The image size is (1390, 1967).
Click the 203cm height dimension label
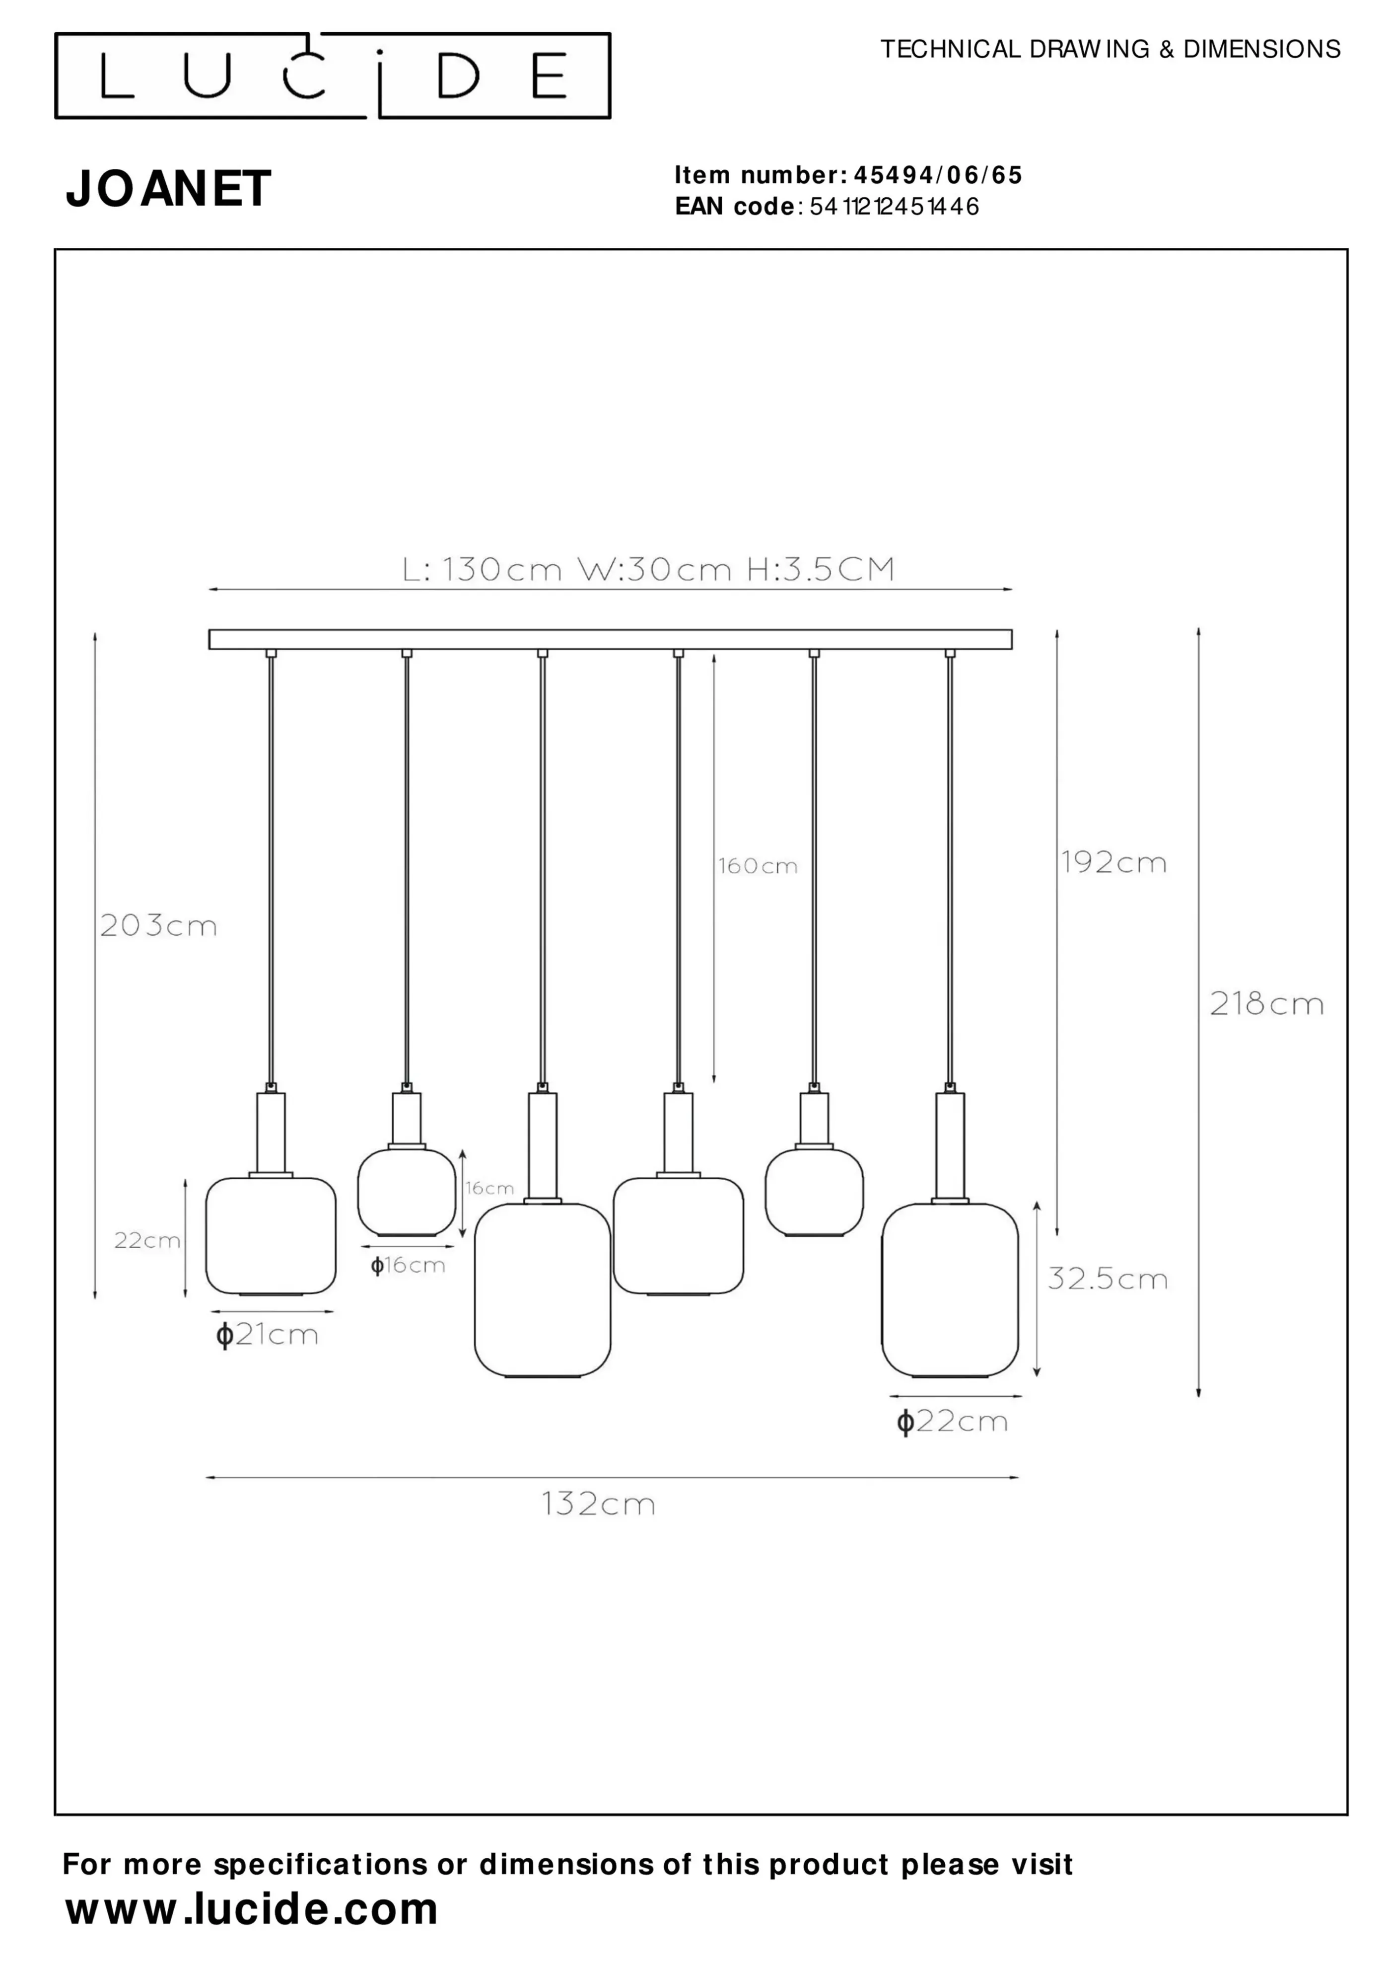[x=158, y=925]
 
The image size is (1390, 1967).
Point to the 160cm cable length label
[x=758, y=866]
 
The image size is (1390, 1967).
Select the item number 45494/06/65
[x=938, y=176]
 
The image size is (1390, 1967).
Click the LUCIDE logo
[x=333, y=76]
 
